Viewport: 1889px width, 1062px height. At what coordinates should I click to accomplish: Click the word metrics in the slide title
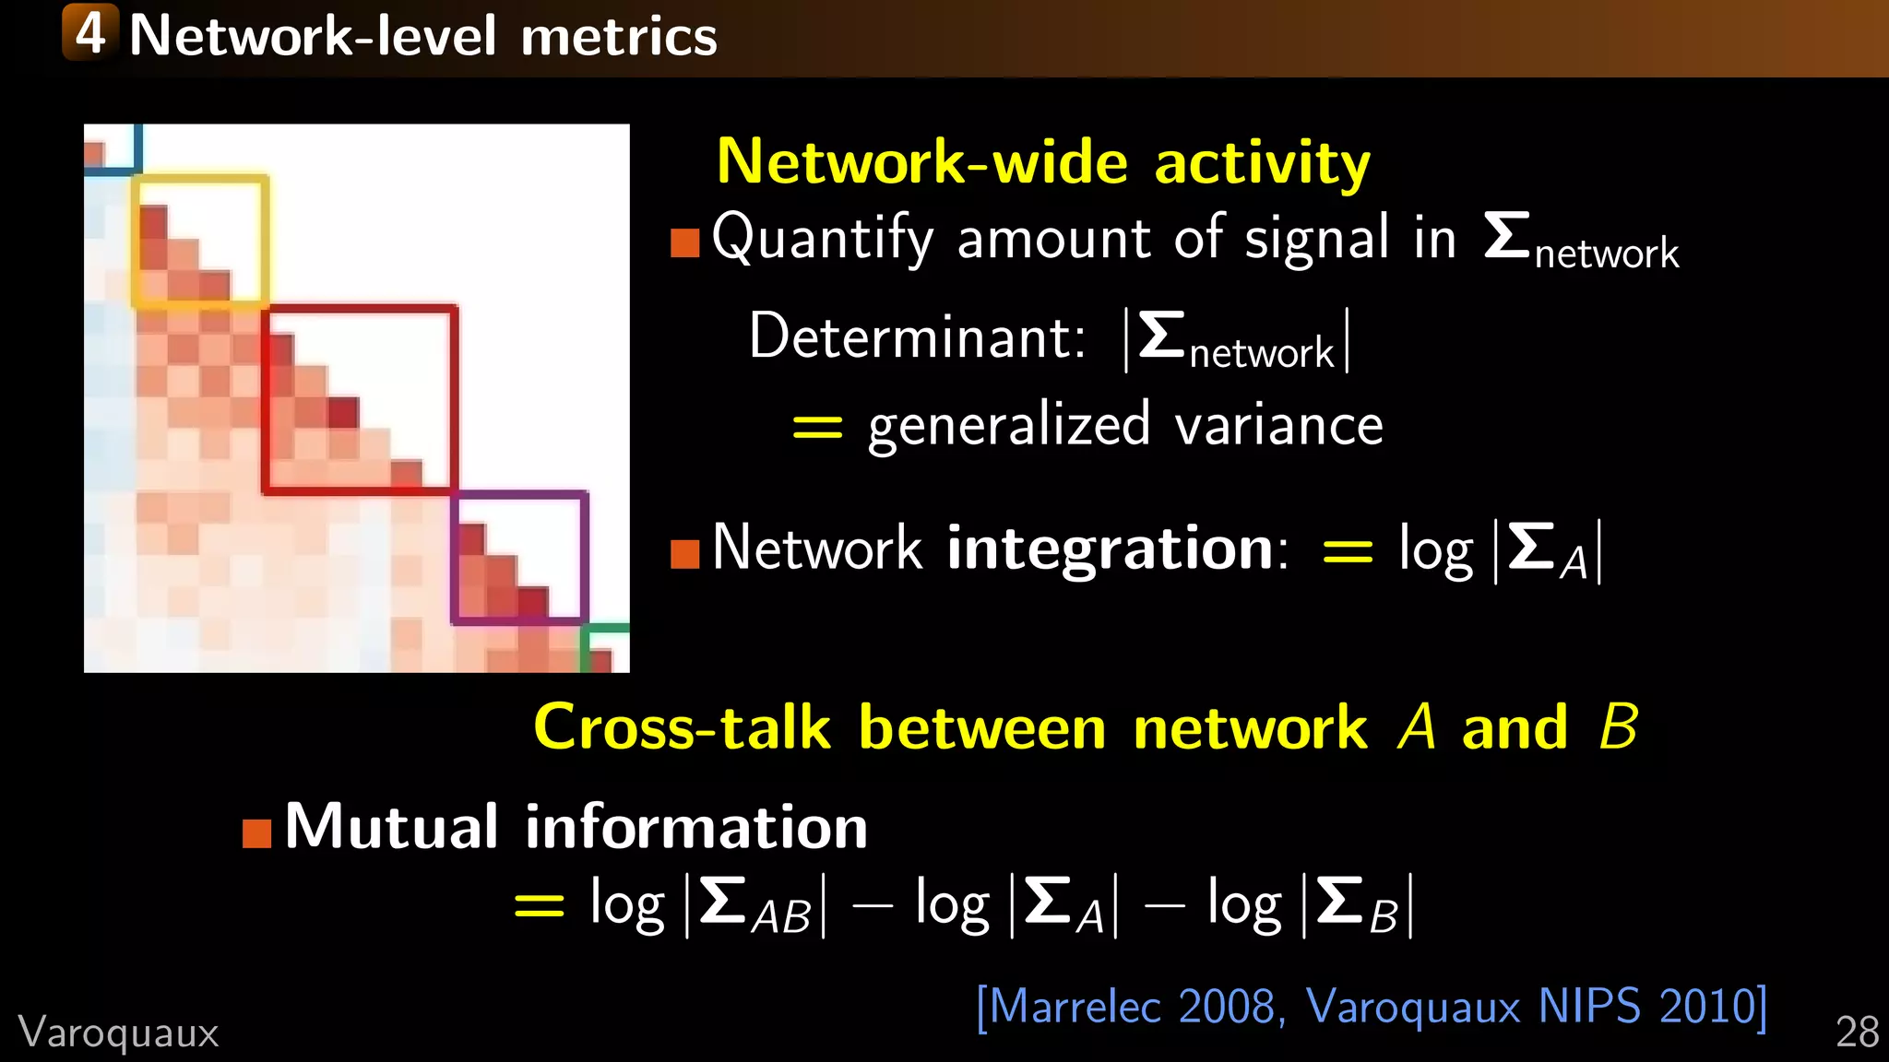click(x=618, y=37)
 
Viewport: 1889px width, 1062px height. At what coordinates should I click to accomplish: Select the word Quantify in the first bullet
click(x=822, y=238)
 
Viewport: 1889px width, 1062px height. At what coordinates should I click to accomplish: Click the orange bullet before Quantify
click(x=684, y=242)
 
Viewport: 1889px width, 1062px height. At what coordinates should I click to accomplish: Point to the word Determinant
click(x=917, y=336)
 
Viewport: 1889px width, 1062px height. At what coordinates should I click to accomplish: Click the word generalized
click(x=1009, y=427)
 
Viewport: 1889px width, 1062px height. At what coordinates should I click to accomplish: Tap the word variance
click(x=1279, y=426)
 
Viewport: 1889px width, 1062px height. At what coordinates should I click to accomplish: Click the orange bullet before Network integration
click(x=684, y=554)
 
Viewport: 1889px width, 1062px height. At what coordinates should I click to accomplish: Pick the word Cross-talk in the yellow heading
click(x=683, y=727)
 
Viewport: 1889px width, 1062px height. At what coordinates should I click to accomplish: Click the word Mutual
click(x=392, y=826)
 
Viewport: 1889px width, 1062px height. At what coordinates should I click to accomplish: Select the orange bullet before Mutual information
click(x=256, y=832)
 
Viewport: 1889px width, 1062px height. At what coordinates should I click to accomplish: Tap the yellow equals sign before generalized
click(x=817, y=427)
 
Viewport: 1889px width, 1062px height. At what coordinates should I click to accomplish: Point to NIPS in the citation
click(x=1589, y=1006)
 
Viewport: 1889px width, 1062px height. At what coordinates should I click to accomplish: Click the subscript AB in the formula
click(x=781, y=917)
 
